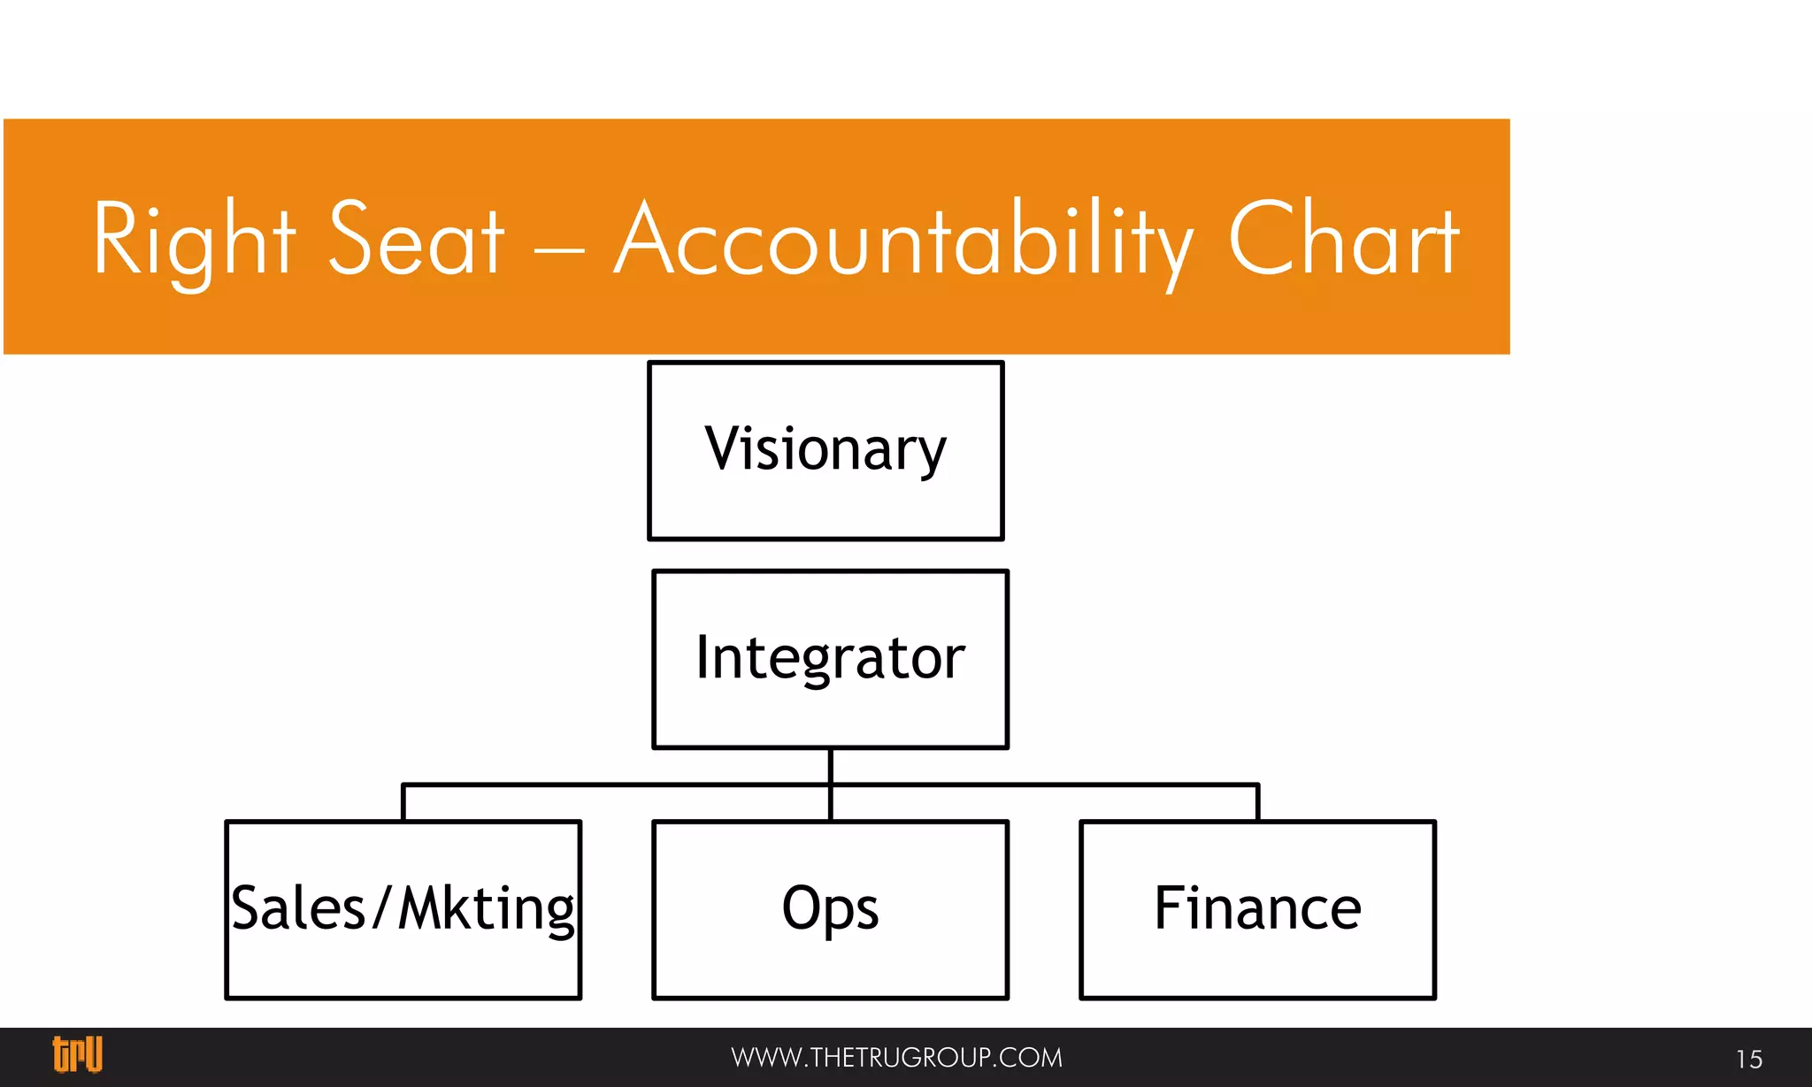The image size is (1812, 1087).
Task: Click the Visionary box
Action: click(x=825, y=450)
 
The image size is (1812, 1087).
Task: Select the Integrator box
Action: click(x=830, y=660)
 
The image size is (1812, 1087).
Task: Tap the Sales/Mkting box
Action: click(x=403, y=910)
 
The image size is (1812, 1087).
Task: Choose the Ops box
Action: click(x=830, y=910)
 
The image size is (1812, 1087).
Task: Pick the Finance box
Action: click(x=1257, y=910)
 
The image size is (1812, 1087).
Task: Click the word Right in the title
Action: click(x=194, y=241)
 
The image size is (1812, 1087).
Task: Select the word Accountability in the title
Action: click(x=902, y=241)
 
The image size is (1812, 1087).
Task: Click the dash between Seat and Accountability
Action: click(x=559, y=249)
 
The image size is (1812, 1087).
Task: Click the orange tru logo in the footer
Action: click(x=78, y=1054)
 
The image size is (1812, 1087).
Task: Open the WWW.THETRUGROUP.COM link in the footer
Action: click(x=896, y=1058)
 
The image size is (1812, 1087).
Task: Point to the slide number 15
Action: click(x=1748, y=1059)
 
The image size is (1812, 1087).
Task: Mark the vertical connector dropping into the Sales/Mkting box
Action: click(x=403, y=803)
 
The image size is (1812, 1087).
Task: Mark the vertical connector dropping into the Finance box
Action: click(x=1257, y=803)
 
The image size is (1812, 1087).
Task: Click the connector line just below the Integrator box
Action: click(x=830, y=766)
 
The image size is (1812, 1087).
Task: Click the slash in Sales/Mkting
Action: click(x=381, y=908)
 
